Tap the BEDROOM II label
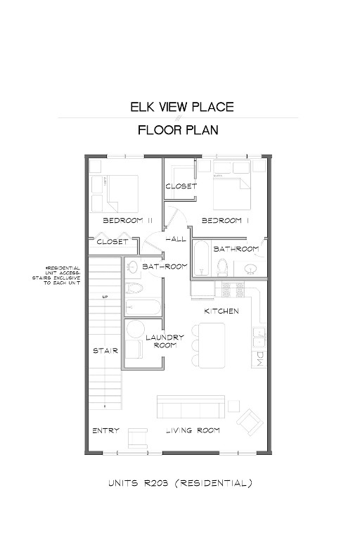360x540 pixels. coord(128,220)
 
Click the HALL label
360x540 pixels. coord(176,240)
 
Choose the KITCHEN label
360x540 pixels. coord(221,311)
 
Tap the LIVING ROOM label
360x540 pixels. coord(193,430)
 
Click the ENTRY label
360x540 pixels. coord(105,430)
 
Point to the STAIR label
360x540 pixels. coord(105,350)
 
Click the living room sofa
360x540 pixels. coord(191,407)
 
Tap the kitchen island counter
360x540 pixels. coord(211,344)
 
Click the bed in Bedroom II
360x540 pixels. coord(122,193)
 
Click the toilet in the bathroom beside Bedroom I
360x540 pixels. coord(223,266)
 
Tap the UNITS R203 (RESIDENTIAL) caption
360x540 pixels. coord(180,483)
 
